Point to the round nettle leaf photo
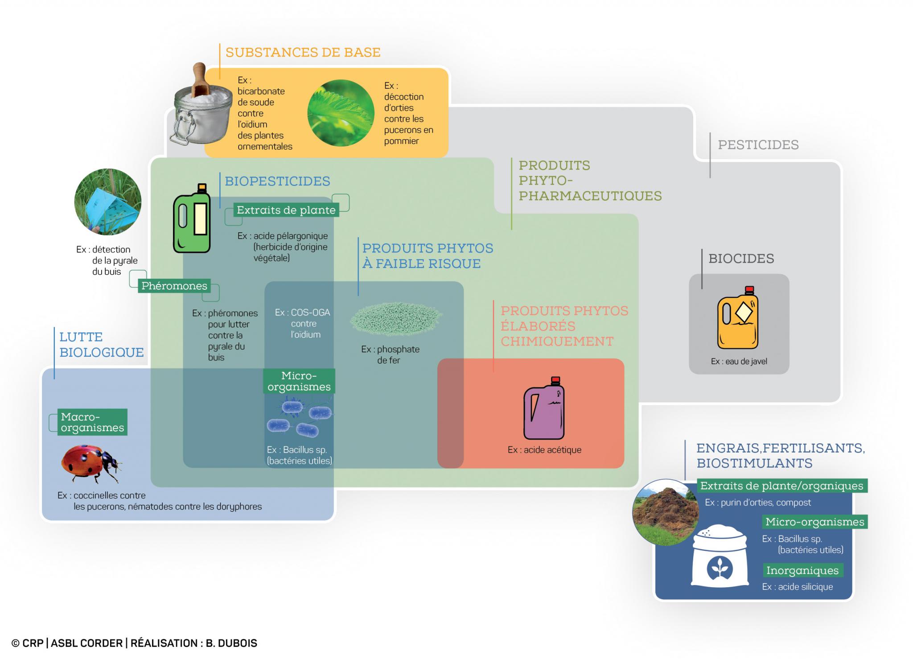coord(341,113)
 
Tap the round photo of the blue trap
coord(108,202)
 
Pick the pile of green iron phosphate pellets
coord(396,319)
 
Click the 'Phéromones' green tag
coord(174,286)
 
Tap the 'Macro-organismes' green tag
coord(92,422)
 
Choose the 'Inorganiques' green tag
coord(802,570)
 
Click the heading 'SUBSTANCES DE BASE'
coord(303,53)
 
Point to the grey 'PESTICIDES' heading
coord(758,145)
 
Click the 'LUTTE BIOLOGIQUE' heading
coord(102,345)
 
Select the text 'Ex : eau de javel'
coord(739,361)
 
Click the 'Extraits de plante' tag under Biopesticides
coord(286,210)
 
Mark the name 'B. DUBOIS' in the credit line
coord(231,643)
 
